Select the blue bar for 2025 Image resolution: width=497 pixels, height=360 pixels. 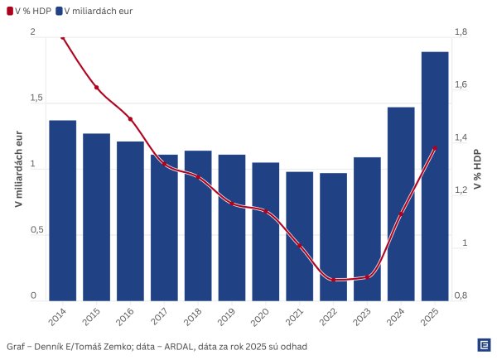(435, 175)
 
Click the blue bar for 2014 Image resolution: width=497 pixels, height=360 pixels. (62, 210)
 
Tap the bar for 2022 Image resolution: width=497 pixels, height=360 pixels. (333, 237)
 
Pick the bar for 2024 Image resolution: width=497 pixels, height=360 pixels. (401, 204)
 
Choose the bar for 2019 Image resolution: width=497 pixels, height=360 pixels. (232, 228)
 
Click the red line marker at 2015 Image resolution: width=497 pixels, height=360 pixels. (96, 87)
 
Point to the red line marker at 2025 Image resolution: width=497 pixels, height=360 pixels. (435, 149)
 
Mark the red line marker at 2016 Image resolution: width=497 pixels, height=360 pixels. (130, 119)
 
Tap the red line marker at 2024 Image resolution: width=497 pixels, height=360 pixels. (401, 214)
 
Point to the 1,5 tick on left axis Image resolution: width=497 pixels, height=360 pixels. (36, 98)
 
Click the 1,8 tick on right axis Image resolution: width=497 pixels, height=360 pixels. (461, 31)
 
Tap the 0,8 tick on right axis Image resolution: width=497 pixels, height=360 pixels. (461, 296)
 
